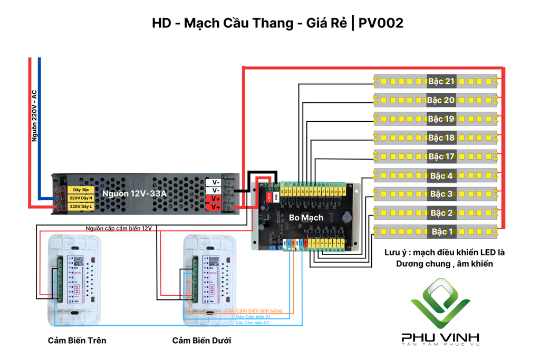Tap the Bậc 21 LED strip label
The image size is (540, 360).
pos(441,81)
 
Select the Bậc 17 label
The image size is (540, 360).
pos(441,157)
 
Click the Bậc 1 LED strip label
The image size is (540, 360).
pos(441,231)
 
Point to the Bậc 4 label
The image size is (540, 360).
pos(441,176)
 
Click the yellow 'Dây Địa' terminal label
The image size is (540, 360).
pos(81,189)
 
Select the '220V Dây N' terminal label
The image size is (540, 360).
pos(81,198)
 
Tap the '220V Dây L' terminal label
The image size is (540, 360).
pos(81,207)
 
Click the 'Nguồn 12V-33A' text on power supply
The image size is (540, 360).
pos(134,193)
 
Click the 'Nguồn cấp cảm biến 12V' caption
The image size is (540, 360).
pos(119,228)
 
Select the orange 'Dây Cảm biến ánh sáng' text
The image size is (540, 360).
pos(254,311)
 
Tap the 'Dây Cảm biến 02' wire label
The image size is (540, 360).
pos(253,322)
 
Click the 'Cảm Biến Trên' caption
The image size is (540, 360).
pos(77,340)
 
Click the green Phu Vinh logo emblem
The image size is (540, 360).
pos(441,303)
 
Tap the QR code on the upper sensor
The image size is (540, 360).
pos(79,261)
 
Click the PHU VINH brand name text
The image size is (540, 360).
pos(440,337)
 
